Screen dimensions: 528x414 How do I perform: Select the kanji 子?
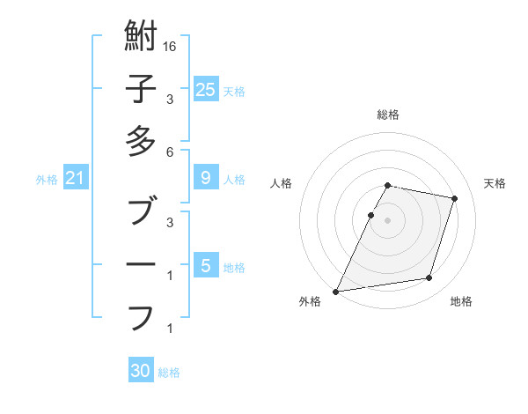coord(141,88)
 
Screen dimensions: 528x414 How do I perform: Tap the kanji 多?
coord(141,141)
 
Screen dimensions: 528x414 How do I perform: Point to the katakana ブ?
coord(141,211)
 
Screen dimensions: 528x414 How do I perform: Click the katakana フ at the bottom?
coord(141,316)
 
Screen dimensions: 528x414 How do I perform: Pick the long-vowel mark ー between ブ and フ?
coord(141,264)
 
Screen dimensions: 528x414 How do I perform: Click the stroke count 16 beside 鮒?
coord(171,46)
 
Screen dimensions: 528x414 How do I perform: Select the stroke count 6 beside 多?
coord(170,152)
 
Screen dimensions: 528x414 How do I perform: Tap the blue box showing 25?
coord(205,89)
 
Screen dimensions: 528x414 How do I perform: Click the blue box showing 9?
coord(205,178)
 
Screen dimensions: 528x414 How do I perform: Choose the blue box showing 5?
coord(205,265)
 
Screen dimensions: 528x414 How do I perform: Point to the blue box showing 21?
coord(75,179)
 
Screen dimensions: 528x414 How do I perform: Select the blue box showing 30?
coord(141,371)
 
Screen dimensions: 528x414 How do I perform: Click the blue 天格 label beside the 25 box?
coord(234,91)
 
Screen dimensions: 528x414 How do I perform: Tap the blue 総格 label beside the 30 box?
coord(169,373)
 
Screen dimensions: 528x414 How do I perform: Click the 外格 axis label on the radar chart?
coord(310,301)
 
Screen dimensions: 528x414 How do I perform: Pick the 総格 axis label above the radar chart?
coord(388,115)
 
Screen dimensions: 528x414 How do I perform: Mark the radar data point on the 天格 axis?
coord(454,198)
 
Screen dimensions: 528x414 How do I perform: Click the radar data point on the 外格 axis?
coord(336,291)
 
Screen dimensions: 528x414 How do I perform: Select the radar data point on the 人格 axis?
coord(371,215)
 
